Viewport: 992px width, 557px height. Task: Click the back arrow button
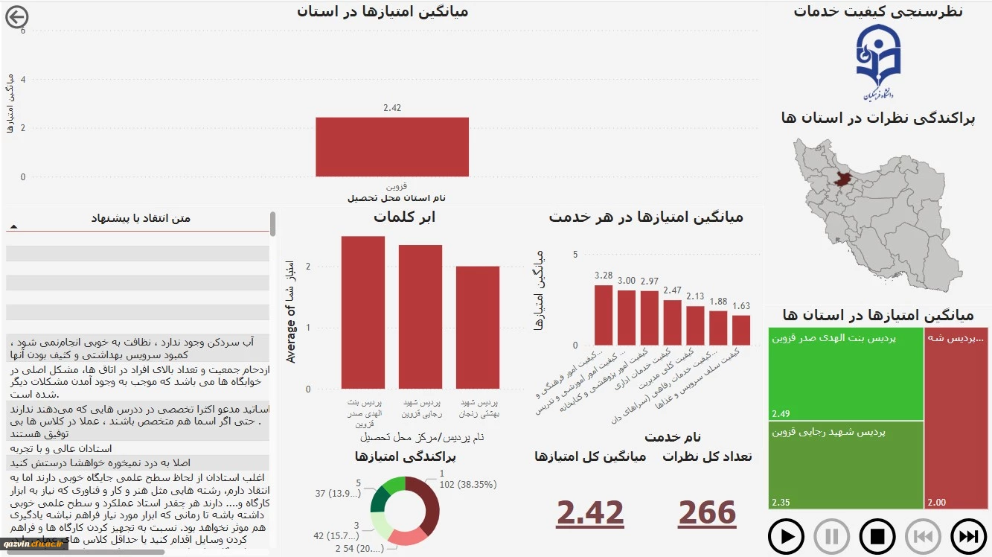[16, 16]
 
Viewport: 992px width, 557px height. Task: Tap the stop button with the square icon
[877, 536]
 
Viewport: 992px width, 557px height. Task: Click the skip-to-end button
[969, 536]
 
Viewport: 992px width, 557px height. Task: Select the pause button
[832, 536]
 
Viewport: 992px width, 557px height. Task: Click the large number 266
[707, 513]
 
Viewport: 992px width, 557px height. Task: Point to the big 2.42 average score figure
[590, 513]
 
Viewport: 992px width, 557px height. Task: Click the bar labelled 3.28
[604, 315]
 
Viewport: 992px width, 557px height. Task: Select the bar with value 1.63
[741, 330]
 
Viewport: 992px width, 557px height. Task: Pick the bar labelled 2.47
[673, 322]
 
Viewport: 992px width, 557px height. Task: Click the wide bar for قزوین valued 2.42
[392, 147]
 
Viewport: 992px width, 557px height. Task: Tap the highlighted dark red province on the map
[842, 179]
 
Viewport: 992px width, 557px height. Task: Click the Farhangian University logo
[878, 62]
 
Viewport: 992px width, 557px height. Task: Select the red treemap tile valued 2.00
[956, 417]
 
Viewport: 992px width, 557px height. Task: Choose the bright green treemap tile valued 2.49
[846, 373]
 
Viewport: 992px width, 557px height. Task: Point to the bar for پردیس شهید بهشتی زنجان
[478, 327]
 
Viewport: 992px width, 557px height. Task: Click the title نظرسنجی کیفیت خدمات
[878, 11]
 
